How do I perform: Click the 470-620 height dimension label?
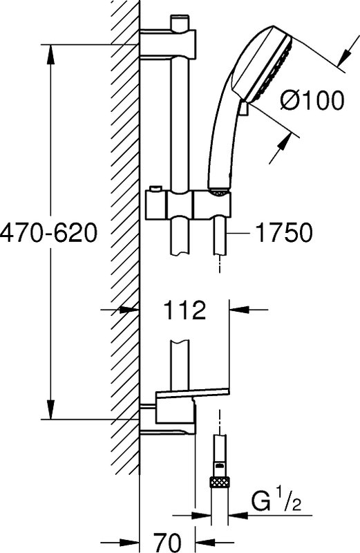48,232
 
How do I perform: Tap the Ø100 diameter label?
312,100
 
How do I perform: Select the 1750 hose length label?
284,232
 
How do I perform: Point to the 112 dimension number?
184,310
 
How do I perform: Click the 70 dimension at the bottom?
167,541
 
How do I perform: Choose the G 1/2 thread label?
276,502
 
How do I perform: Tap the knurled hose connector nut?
220,482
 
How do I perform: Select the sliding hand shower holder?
189,204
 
